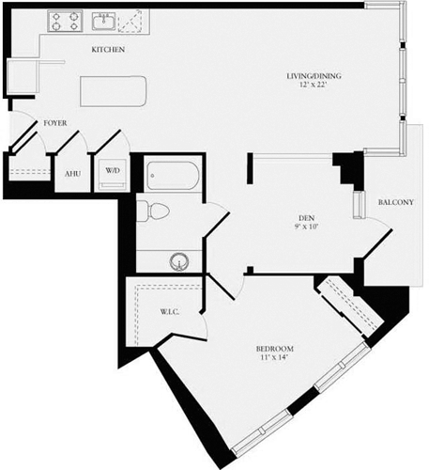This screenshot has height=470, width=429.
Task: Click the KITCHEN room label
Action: [109, 49]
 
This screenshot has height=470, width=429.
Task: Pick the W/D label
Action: [112, 170]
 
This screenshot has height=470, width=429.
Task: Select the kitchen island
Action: [114, 92]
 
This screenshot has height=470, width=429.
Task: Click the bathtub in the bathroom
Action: [172, 176]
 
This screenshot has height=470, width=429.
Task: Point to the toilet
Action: [151, 211]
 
